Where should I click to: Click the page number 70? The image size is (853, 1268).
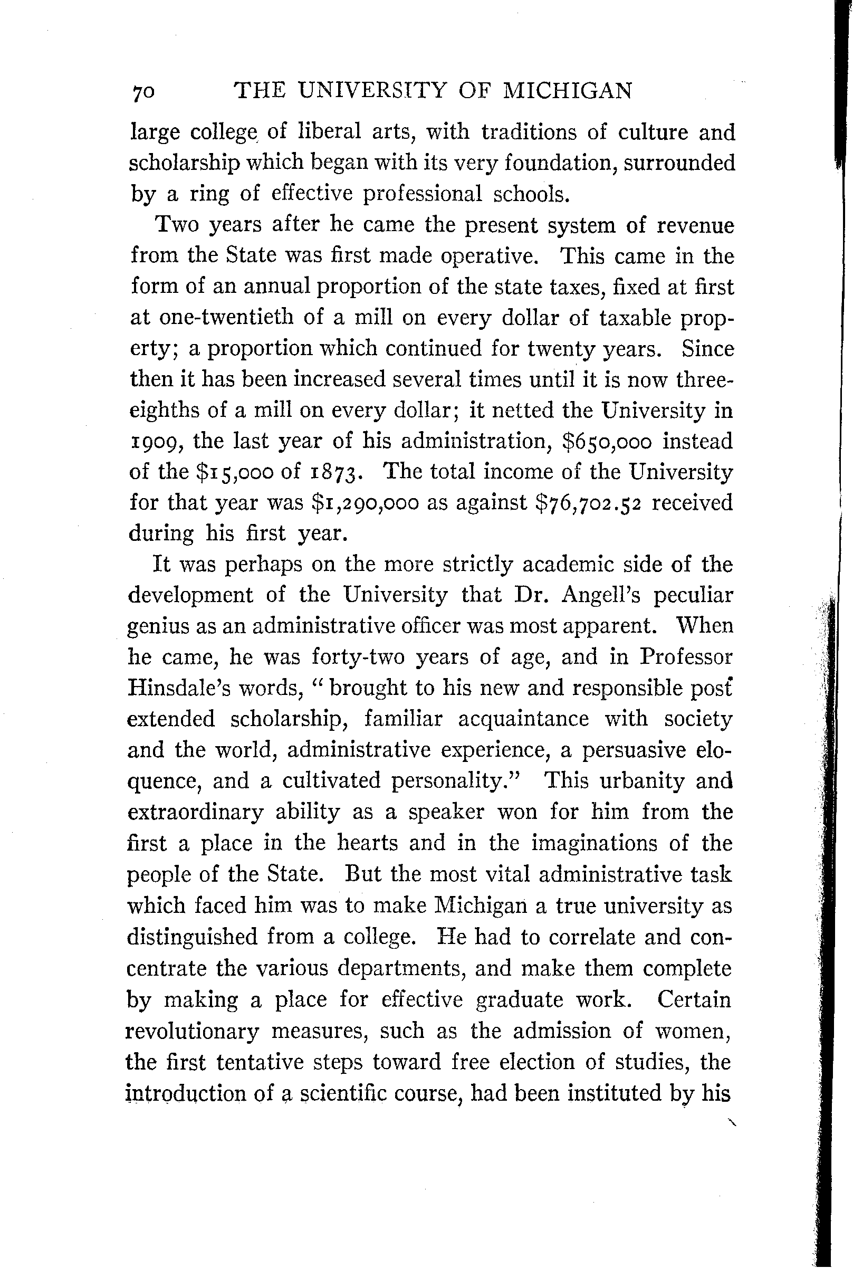coord(143,92)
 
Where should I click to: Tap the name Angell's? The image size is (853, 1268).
coord(602,595)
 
